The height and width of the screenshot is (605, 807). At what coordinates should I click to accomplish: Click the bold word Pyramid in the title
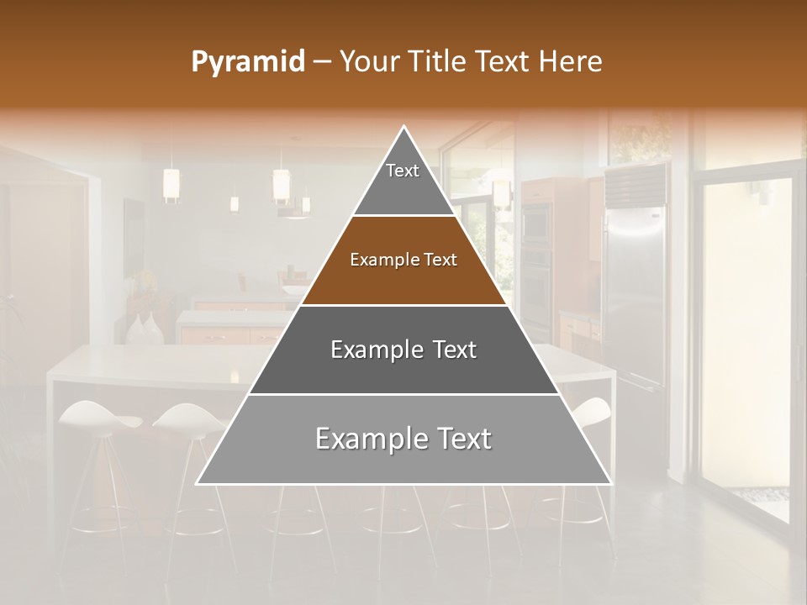tap(247, 62)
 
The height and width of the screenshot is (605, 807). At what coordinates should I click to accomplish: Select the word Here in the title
tap(571, 61)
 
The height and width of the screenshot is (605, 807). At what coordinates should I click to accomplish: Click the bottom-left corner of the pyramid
tap(198, 482)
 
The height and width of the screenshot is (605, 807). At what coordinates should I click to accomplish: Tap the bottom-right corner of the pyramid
tap(609, 482)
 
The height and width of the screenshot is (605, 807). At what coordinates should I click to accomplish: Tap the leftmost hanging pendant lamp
tap(171, 185)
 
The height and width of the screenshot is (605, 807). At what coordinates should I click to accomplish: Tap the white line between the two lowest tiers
tap(403, 394)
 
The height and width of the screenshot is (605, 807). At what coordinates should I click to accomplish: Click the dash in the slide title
tap(322, 62)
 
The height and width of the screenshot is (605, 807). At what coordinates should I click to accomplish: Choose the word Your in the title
tap(367, 61)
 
